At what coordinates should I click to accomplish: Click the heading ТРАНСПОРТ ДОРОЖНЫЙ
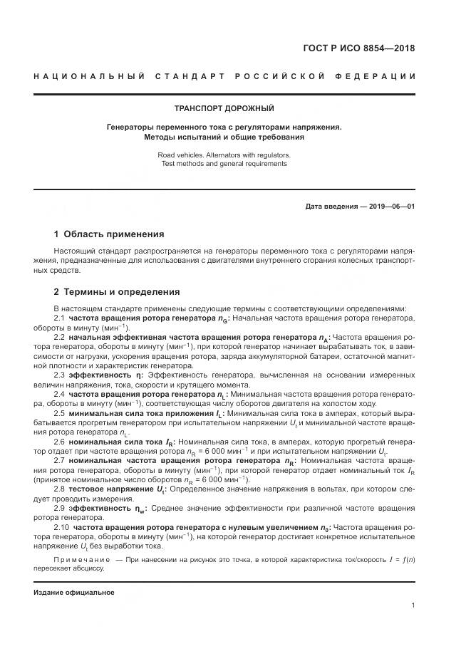[x=224, y=108]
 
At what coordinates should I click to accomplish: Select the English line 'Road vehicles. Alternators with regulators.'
[x=224, y=154]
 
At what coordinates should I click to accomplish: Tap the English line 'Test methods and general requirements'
[x=224, y=163]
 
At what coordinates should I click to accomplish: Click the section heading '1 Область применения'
[x=109, y=234]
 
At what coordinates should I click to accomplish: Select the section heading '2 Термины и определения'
[x=117, y=292]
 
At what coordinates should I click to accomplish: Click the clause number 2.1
[x=60, y=317]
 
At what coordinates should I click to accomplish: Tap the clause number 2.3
[x=60, y=375]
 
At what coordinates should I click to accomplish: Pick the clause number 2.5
[x=60, y=412]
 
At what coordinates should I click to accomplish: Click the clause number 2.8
[x=60, y=489]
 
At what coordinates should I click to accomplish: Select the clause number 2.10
[x=61, y=527]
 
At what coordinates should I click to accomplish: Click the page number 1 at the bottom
[x=413, y=605]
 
